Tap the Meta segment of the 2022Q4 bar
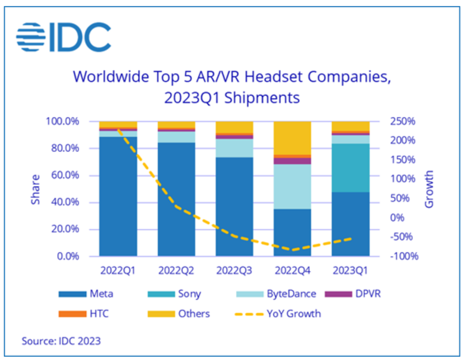point(292,232)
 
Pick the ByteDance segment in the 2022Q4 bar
point(292,187)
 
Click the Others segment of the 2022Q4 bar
point(292,138)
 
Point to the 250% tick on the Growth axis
point(403,121)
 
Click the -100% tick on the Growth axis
point(403,256)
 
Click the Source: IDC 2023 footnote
point(61,341)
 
